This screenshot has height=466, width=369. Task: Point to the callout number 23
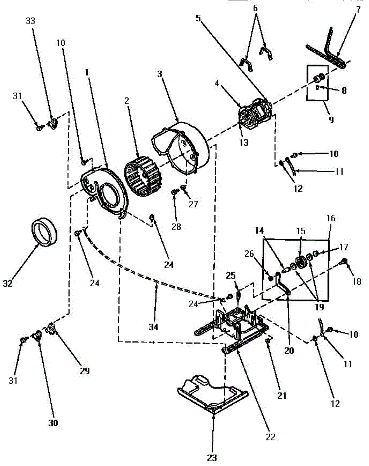point(212,458)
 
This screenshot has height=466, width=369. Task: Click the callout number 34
point(153,327)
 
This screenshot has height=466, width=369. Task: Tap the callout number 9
point(331,120)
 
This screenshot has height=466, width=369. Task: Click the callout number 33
point(30,21)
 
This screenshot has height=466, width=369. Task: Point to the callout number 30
point(53,423)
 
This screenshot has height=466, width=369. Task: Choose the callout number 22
point(270,437)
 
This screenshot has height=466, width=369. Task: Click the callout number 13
point(244,142)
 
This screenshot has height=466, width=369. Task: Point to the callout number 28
point(176,226)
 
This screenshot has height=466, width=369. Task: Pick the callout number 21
point(281,396)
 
